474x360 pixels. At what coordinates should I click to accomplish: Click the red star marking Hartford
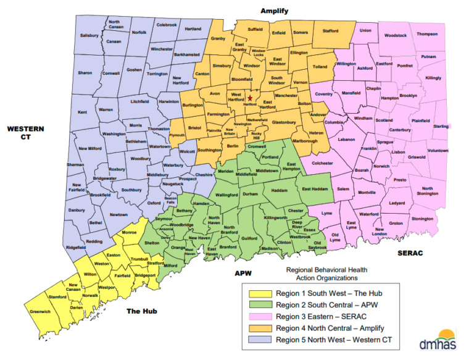tap(251, 98)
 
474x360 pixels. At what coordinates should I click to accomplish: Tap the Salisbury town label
tap(89, 35)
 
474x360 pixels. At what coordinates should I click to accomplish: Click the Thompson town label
tap(426, 34)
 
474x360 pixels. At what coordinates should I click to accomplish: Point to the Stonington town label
tap(422, 219)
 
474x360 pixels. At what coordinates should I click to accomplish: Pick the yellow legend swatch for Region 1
tap(259, 293)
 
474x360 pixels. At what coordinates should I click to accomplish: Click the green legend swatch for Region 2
tap(259, 304)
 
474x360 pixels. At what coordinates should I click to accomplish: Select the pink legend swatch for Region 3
tap(259, 316)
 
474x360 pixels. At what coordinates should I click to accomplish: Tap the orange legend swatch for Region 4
tap(259, 328)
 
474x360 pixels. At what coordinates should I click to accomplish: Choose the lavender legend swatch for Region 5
tap(259, 340)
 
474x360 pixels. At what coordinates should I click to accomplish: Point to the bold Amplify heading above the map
tap(274, 11)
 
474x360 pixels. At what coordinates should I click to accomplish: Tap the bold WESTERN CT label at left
tap(26, 133)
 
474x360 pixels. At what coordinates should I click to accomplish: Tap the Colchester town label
tap(322, 163)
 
